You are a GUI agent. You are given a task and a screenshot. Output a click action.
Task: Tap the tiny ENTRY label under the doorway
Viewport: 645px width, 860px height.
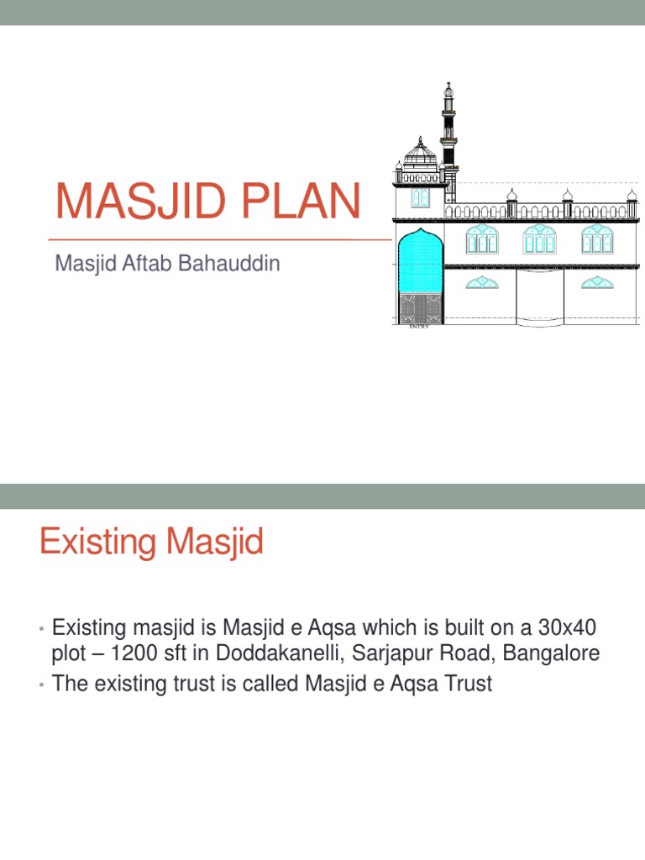418,327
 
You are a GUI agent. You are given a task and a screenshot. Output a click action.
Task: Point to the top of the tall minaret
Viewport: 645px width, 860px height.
448,87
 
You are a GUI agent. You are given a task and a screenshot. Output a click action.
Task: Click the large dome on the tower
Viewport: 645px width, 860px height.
420,154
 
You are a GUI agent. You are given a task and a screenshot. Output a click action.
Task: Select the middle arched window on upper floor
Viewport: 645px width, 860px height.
538,239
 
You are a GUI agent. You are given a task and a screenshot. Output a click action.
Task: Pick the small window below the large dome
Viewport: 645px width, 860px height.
420,198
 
